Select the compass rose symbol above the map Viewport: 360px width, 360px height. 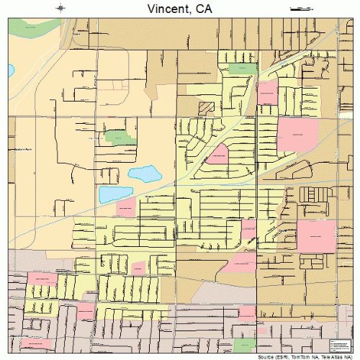[x=60, y=8]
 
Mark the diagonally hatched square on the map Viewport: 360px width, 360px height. [x=207, y=107]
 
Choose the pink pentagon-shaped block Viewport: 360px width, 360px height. [x=217, y=153]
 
